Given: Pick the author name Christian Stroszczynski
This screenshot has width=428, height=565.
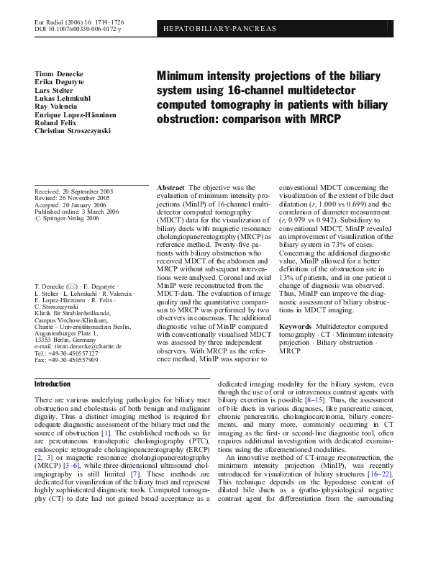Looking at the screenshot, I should pyautogui.click(x=78, y=133).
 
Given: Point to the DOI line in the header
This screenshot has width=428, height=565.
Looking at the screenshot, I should pyautogui.click(x=79, y=30).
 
